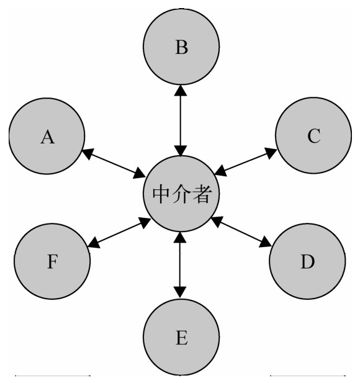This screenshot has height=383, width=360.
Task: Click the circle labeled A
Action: click(47, 136)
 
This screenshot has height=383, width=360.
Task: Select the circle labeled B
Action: click(181, 47)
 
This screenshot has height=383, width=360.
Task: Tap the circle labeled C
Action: click(313, 135)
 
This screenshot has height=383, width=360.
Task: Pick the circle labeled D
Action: click(307, 261)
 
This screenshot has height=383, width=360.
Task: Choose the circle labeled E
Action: click(181, 337)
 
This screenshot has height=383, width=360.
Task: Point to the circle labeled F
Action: click(52, 261)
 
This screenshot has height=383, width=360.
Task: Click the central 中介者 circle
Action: click(181, 194)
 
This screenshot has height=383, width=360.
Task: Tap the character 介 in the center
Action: click(181, 194)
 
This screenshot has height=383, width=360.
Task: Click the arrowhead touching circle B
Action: click(181, 90)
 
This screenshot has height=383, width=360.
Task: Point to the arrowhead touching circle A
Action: click(88, 153)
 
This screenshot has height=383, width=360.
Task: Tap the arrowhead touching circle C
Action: click(271, 153)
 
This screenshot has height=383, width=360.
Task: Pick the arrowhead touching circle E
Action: click(180, 292)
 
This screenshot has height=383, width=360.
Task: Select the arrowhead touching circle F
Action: click(94, 243)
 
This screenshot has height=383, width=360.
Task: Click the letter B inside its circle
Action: click(182, 47)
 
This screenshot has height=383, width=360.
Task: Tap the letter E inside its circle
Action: click(182, 338)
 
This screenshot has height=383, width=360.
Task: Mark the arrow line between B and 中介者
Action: click(181, 120)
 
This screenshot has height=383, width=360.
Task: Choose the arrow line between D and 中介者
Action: click(241, 232)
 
